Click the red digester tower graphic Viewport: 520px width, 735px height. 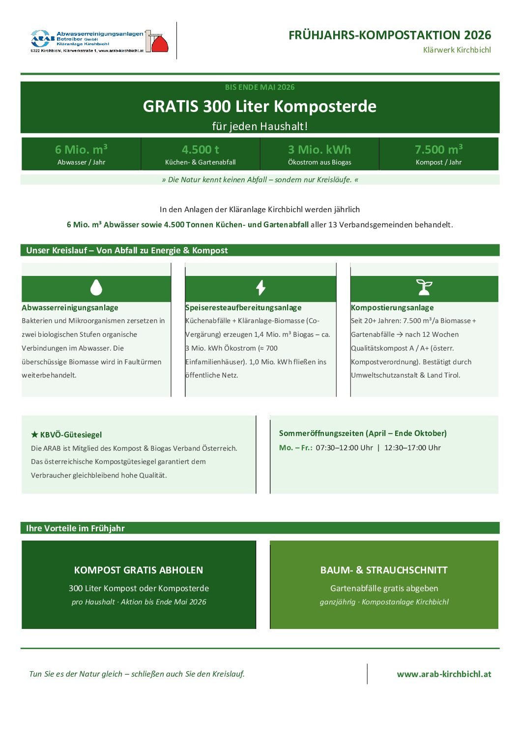coord(159,43)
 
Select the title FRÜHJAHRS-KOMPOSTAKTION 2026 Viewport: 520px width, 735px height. coord(389,35)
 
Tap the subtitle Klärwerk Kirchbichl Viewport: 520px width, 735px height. coord(457,50)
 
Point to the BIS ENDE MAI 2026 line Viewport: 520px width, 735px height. coord(260,87)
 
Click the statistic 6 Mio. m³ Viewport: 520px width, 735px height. coord(81,149)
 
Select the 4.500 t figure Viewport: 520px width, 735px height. coord(200,149)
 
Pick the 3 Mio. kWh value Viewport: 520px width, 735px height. coord(319,149)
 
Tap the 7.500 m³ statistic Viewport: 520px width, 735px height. coord(438,149)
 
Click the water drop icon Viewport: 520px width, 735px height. coord(96,288)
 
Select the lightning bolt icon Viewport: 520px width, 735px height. coord(260,288)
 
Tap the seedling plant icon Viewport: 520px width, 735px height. coord(424,288)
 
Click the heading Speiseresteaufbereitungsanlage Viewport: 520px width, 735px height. coord(243,308)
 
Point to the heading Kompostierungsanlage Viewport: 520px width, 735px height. coord(392,308)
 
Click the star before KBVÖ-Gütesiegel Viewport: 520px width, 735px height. coord(34,435)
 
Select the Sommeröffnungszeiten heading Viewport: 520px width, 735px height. coord(363,433)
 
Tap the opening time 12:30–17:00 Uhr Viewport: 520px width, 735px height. coord(412,448)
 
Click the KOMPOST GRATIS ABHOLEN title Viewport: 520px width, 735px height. coord(139,570)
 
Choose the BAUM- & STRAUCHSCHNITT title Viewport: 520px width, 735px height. coord(384,570)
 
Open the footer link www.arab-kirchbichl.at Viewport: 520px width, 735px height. coord(444,674)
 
